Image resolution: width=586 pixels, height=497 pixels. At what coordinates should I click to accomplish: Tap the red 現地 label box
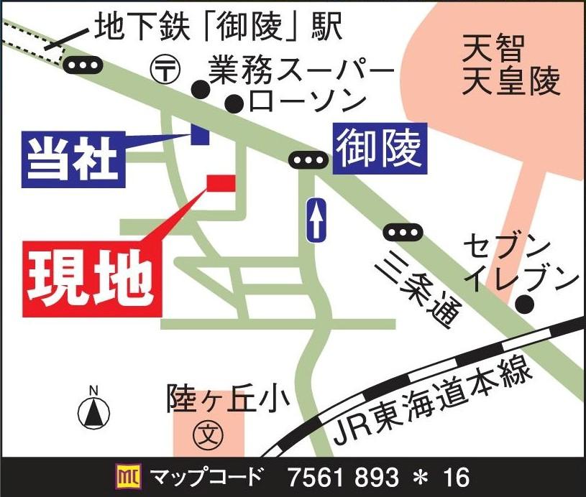click(91, 273)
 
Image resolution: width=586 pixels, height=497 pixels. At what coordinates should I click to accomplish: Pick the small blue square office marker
click(199, 134)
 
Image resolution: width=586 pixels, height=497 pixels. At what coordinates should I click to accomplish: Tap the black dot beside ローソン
click(233, 105)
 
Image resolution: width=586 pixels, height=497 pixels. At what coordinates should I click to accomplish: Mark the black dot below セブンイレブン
click(526, 305)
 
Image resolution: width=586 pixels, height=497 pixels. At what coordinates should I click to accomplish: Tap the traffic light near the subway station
click(83, 66)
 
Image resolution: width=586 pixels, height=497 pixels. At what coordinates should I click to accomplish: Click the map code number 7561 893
click(343, 476)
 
